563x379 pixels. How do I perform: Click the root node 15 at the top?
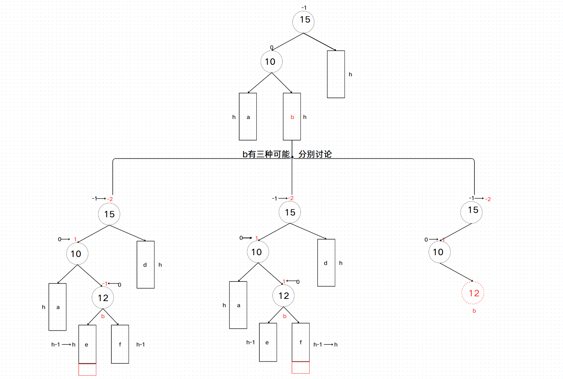(x=303, y=21)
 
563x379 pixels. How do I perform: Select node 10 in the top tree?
(x=271, y=62)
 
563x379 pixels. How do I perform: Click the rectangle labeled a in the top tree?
(x=248, y=117)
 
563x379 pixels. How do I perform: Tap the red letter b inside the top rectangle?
(x=292, y=117)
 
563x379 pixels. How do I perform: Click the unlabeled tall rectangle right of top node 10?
(x=336, y=74)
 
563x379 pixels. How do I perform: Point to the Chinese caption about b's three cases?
(x=287, y=154)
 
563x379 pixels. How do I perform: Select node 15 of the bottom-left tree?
(x=109, y=214)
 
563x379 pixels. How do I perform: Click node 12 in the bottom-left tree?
(x=103, y=298)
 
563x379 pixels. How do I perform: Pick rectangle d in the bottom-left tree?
(x=145, y=265)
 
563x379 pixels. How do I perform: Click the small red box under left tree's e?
(x=87, y=370)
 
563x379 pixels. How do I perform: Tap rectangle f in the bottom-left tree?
(x=120, y=344)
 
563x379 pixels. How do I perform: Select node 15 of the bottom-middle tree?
(x=290, y=212)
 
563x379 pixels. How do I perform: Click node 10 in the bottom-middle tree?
(x=258, y=252)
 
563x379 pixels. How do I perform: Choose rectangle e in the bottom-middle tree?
(x=268, y=342)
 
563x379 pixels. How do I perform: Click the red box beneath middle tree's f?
(x=300, y=367)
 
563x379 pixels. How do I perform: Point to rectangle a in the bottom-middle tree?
(x=238, y=305)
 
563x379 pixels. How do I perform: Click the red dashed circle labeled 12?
(x=473, y=293)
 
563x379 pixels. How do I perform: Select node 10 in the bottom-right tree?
(x=439, y=252)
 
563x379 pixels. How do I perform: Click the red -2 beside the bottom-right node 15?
(x=488, y=199)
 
